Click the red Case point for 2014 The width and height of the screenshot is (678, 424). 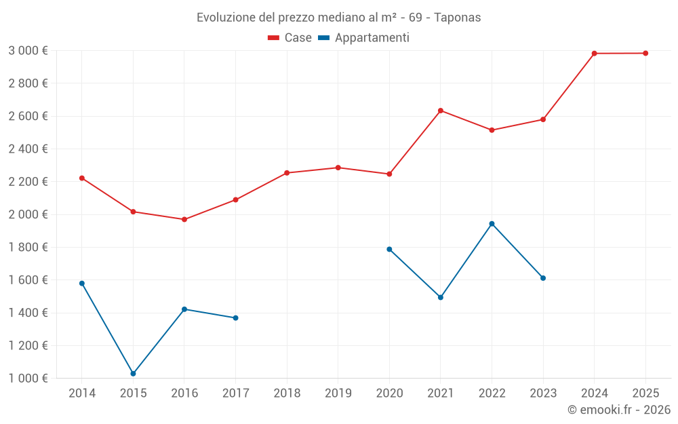(82, 178)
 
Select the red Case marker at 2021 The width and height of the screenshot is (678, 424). (441, 111)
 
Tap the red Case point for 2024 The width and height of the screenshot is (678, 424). (595, 54)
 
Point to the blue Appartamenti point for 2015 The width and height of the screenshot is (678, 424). (133, 374)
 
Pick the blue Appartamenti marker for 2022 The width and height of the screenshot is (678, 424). (492, 224)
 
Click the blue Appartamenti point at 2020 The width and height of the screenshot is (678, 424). (389, 249)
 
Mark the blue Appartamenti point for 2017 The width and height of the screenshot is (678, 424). (235, 317)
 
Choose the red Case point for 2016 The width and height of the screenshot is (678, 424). (184, 219)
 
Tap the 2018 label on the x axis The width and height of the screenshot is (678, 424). (287, 393)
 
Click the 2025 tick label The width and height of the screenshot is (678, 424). (645, 393)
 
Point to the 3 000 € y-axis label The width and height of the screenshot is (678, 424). (28, 51)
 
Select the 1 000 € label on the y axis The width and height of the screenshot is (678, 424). (28, 379)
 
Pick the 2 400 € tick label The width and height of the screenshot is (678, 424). (28, 149)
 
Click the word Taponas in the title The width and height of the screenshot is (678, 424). (458, 18)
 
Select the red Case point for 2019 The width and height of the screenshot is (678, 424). (338, 168)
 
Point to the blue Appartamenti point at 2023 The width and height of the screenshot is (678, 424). (543, 278)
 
